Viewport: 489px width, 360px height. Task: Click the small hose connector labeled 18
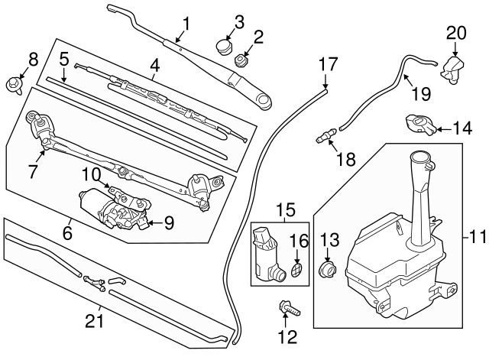tap(327, 136)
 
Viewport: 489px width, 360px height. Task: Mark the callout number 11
tap(477, 237)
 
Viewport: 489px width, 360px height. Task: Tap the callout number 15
tap(284, 207)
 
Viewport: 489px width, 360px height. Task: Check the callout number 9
tap(169, 222)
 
